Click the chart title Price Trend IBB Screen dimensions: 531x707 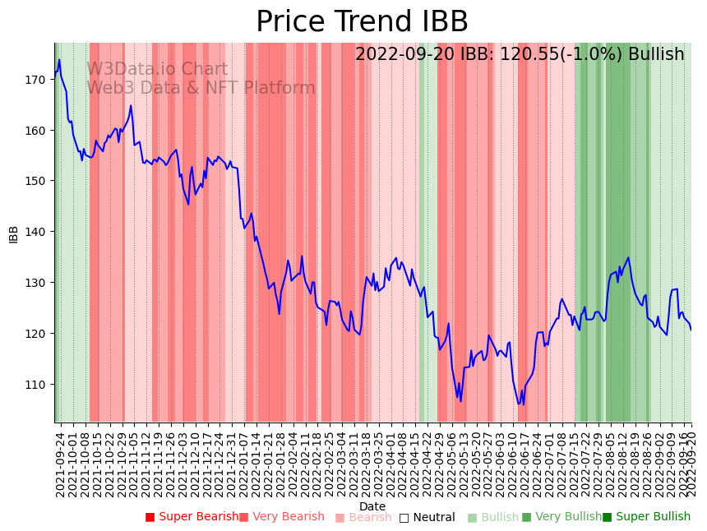362,22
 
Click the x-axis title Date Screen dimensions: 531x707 372,506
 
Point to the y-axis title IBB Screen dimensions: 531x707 14,233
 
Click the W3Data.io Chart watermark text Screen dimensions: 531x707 157,69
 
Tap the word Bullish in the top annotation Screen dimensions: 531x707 656,54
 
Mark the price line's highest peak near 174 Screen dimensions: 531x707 59,60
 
